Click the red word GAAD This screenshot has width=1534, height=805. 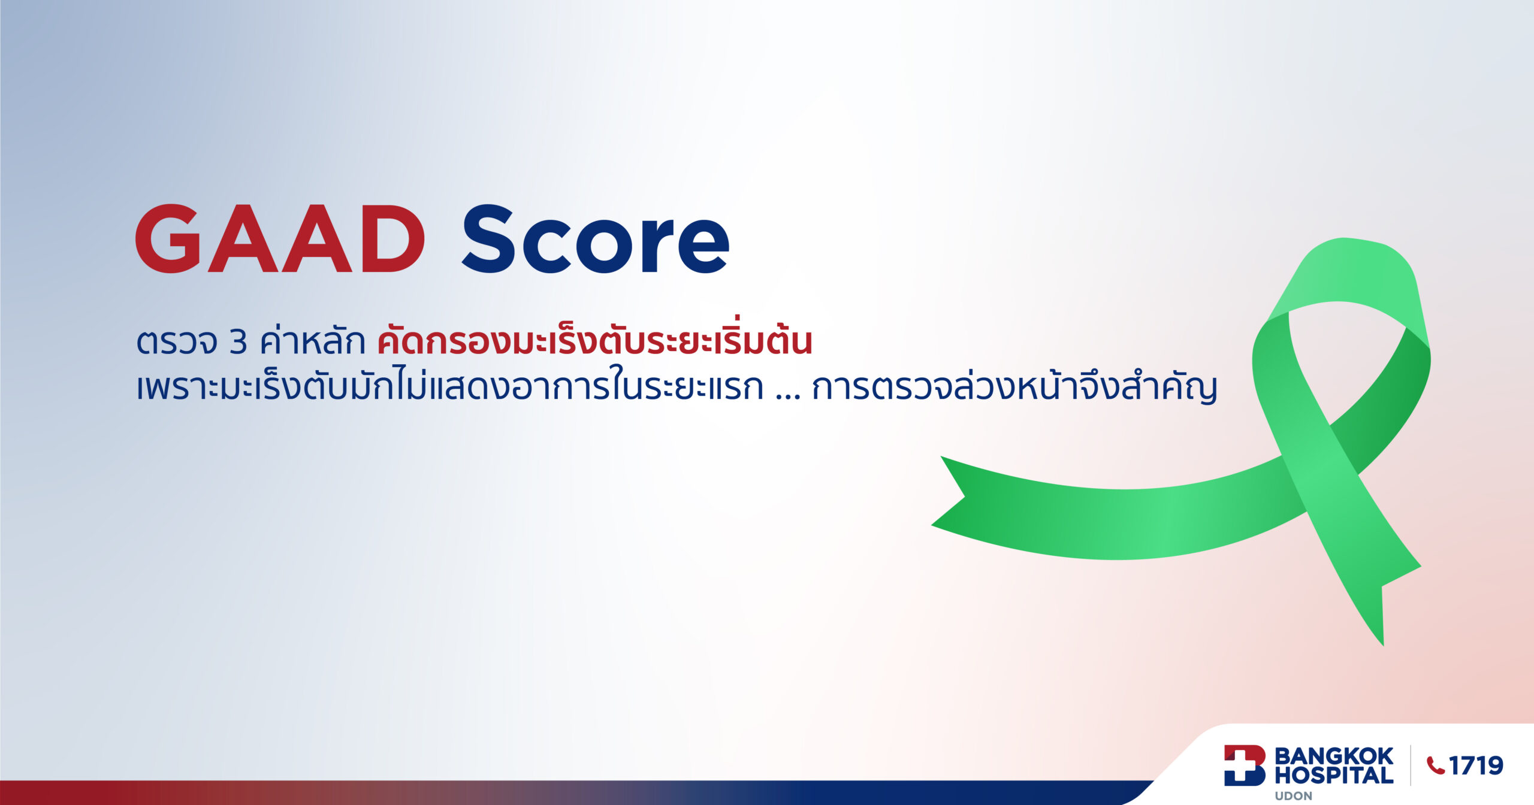[280, 239]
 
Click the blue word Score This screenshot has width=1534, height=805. [596, 240]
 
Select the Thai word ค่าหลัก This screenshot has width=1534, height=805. [312, 341]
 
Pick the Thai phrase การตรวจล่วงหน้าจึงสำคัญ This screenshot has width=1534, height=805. [1014, 388]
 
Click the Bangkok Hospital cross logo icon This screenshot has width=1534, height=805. [1244, 765]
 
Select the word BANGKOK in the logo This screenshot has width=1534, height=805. [1333, 756]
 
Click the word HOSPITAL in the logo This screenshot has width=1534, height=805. [1333, 776]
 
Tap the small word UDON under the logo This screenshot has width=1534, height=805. [1293, 796]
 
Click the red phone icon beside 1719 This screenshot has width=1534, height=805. [1436, 765]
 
